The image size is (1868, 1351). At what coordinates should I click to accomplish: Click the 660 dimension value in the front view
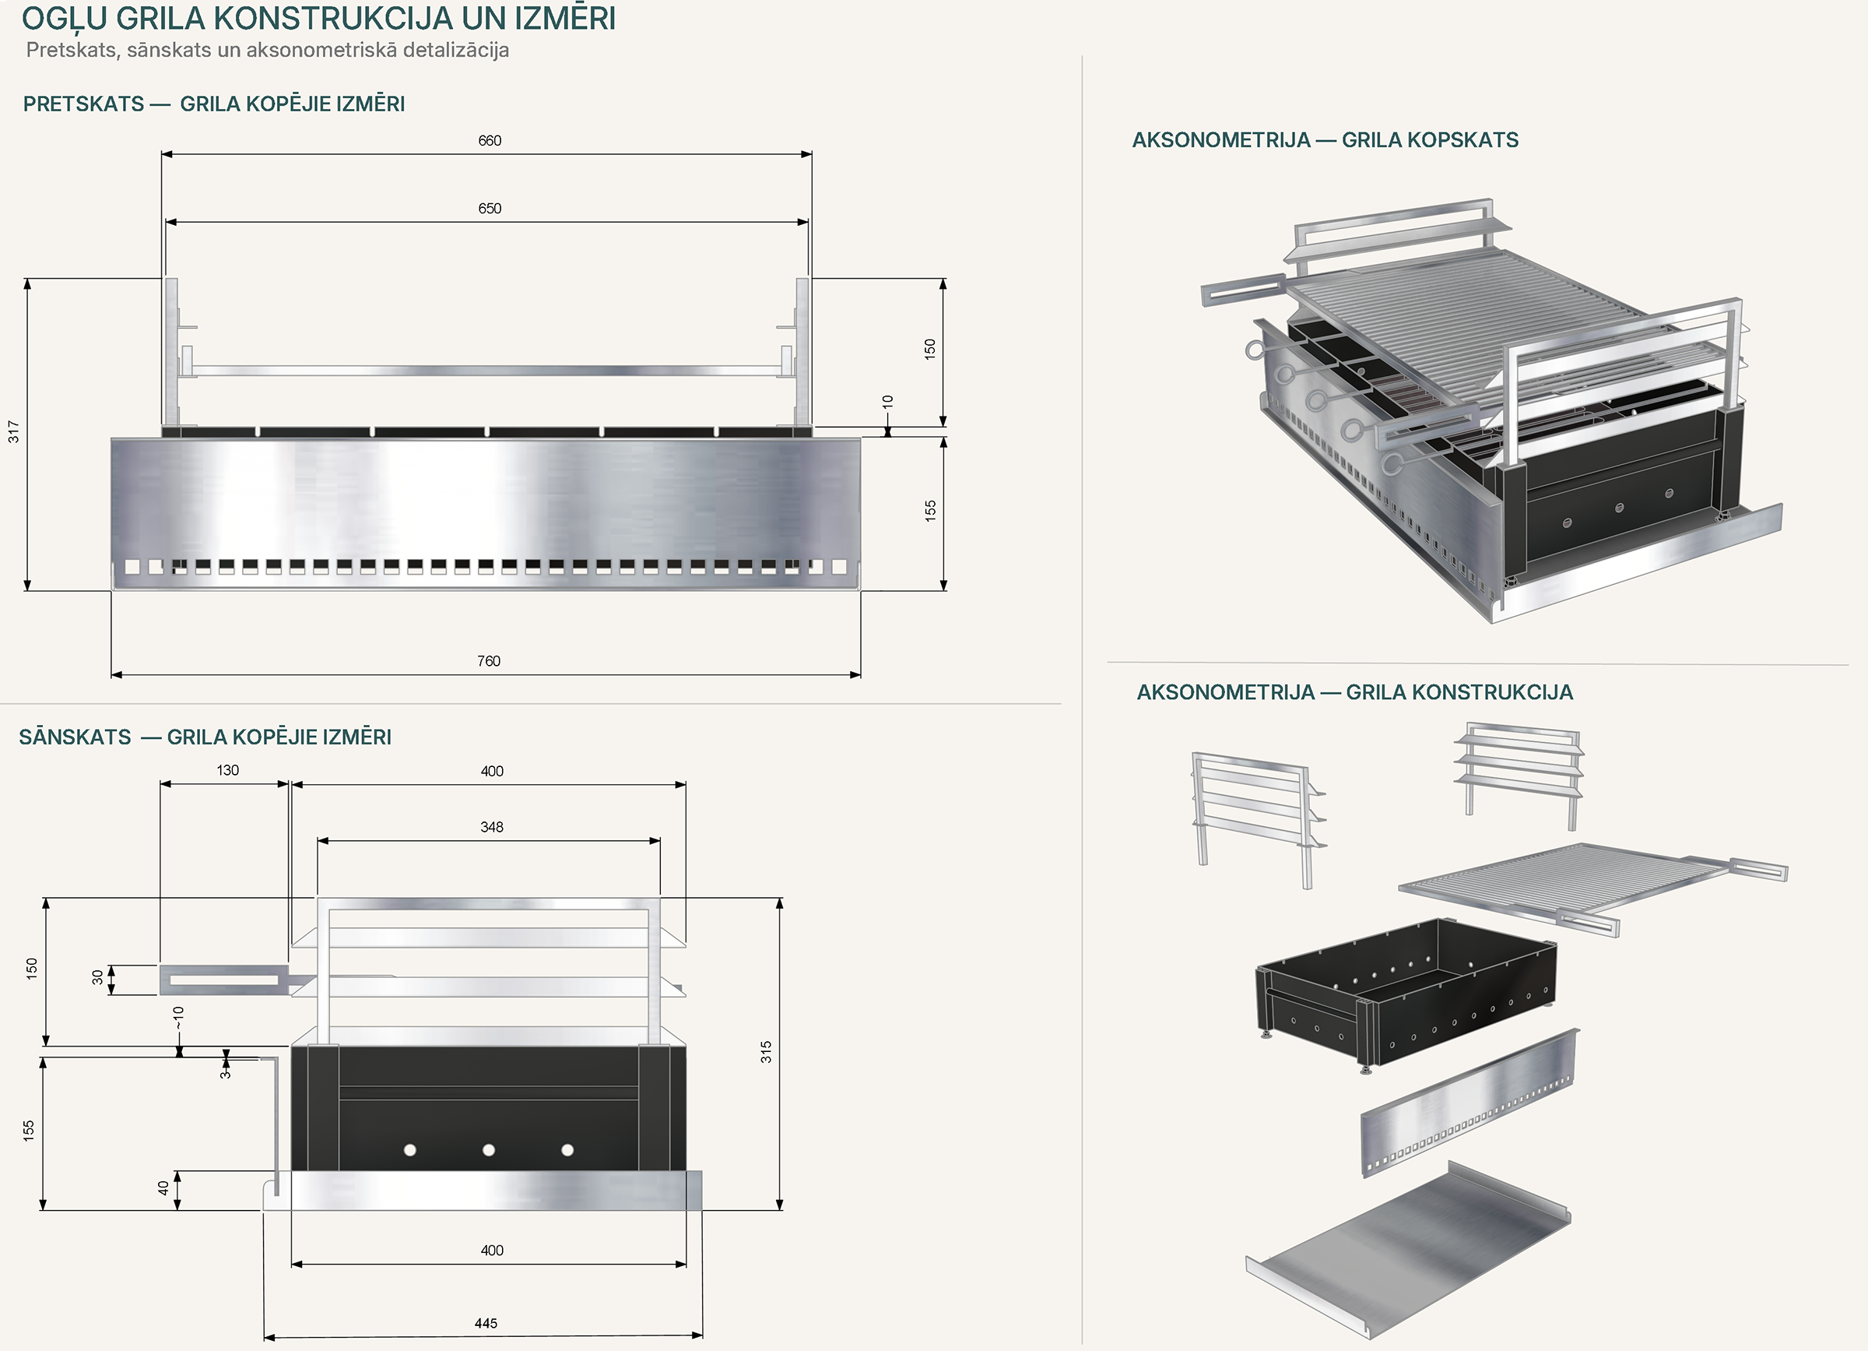pyautogui.click(x=490, y=141)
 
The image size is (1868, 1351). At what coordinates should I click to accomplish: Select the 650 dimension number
pyautogui.click(x=490, y=209)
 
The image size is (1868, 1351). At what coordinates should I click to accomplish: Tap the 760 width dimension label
pyautogui.click(x=489, y=660)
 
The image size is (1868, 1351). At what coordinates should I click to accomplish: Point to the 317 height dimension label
pyautogui.click(x=13, y=431)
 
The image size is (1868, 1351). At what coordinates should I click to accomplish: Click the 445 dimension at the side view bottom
pyautogui.click(x=486, y=1323)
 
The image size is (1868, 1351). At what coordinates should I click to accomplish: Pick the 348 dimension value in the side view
pyautogui.click(x=492, y=827)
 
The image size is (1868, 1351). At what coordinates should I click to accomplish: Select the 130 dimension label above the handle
pyautogui.click(x=227, y=770)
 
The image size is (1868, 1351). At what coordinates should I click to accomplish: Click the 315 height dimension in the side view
pyautogui.click(x=766, y=1052)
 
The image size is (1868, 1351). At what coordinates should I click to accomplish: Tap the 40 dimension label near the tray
pyautogui.click(x=163, y=1188)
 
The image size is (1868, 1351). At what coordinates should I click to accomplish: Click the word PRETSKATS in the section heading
pyautogui.click(x=84, y=104)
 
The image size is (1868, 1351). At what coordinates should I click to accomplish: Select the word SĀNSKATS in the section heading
pyautogui.click(x=75, y=737)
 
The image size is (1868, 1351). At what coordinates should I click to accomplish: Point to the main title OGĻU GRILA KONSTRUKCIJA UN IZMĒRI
pyautogui.click(x=319, y=18)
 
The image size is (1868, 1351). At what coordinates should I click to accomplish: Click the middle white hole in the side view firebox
pyautogui.click(x=489, y=1150)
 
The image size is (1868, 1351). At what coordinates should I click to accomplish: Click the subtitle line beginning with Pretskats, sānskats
pyautogui.click(x=268, y=51)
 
